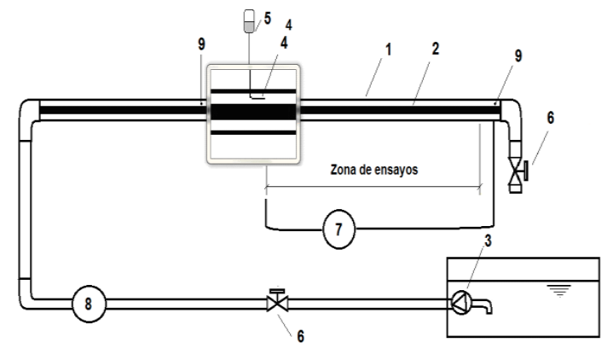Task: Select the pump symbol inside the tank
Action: (x=461, y=302)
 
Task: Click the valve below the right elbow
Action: (x=518, y=171)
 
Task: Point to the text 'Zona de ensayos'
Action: (x=374, y=170)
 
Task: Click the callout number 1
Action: (x=388, y=49)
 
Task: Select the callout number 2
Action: (x=436, y=49)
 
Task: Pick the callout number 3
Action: (x=488, y=241)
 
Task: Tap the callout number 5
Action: (x=268, y=18)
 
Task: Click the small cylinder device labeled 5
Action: (x=249, y=20)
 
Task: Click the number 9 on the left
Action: (x=201, y=44)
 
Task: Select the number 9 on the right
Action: (x=518, y=55)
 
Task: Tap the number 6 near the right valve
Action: (x=551, y=118)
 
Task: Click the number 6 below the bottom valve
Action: (x=300, y=336)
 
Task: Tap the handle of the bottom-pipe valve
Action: (x=278, y=291)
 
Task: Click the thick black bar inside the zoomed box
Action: (x=253, y=112)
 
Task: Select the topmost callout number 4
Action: (x=288, y=25)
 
